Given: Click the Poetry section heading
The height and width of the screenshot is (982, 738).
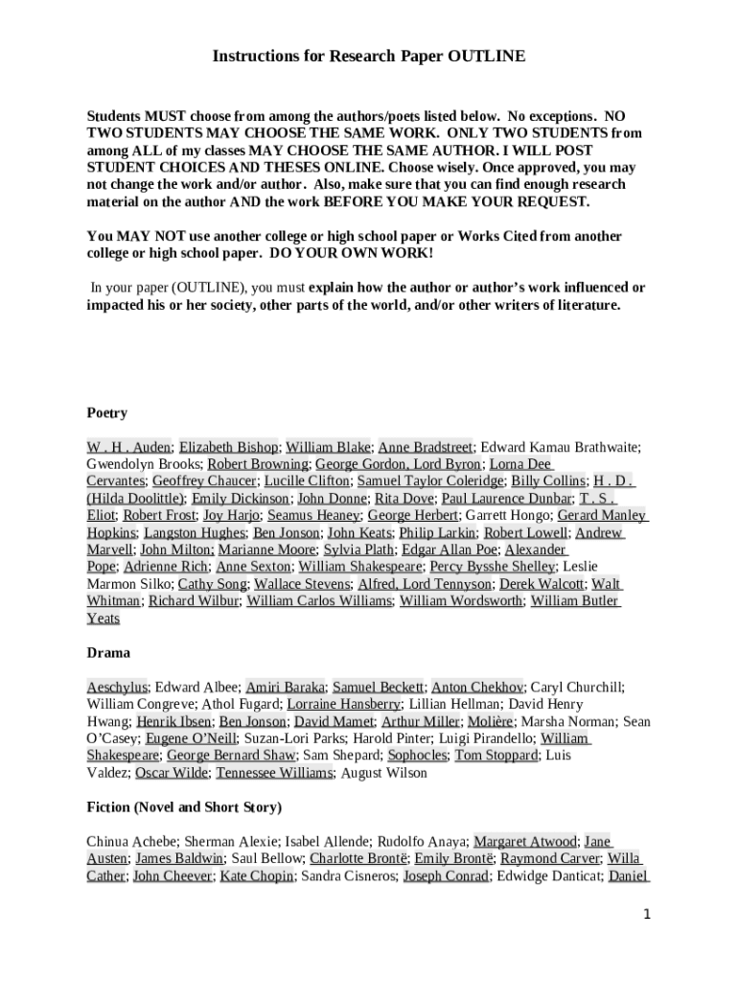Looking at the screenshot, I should tap(107, 413).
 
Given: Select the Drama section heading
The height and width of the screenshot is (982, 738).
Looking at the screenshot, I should tap(108, 653).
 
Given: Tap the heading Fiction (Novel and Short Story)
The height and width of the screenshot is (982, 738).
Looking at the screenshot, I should tap(184, 807).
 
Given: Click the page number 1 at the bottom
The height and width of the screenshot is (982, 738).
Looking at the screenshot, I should tap(648, 915).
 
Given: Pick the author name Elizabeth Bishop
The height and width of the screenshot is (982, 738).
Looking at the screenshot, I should tap(229, 447).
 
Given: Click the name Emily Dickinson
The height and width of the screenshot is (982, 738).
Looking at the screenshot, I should tap(242, 499).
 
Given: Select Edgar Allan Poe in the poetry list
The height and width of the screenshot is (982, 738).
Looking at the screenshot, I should tap(450, 550).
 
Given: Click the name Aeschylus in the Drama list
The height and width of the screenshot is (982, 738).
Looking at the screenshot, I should tap(117, 688).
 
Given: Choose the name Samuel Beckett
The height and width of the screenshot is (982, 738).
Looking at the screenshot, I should tap(379, 688).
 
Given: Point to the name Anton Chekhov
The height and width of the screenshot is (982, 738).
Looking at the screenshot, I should tap(477, 688).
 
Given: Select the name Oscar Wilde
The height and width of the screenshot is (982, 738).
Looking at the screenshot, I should tap(172, 773).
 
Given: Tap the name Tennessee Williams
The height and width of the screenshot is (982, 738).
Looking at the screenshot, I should tap(275, 773).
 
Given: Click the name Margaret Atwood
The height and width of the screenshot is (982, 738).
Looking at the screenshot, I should tap(525, 842).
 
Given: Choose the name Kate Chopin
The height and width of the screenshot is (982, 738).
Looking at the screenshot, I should tap(257, 877).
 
